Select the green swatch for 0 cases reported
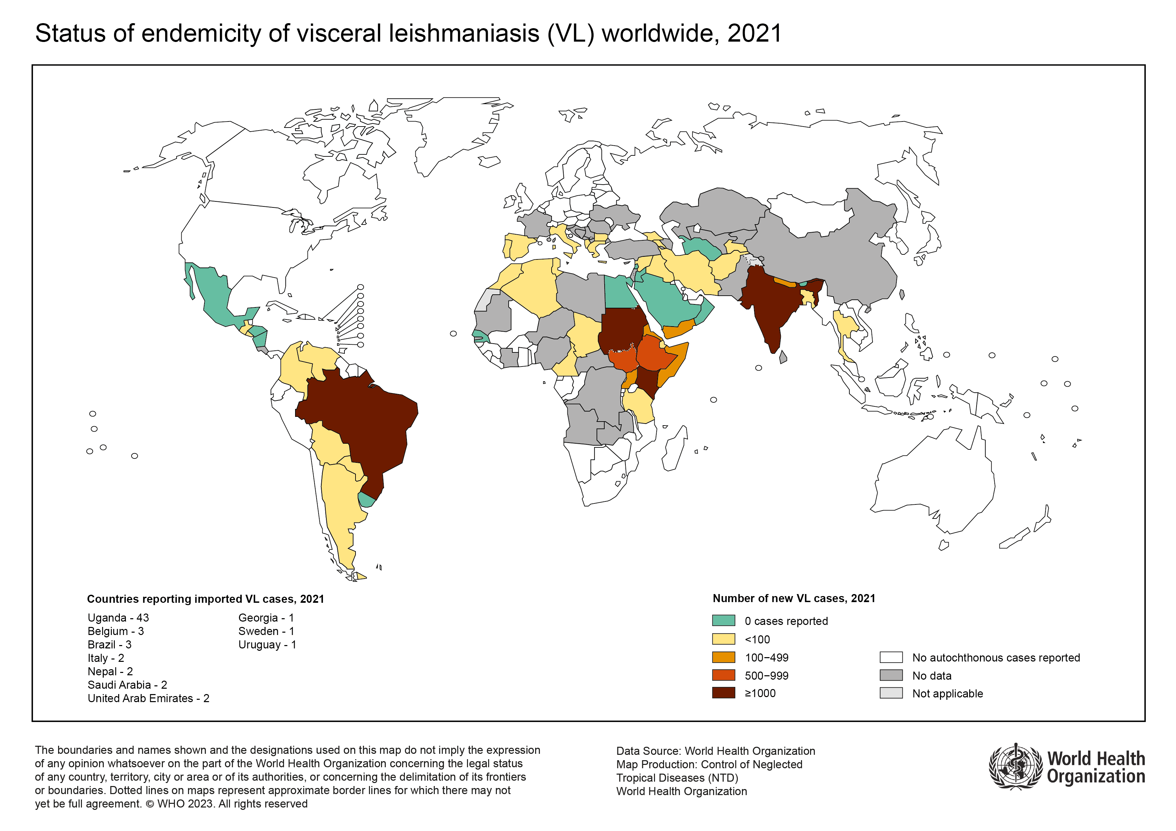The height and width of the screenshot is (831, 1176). click(723, 621)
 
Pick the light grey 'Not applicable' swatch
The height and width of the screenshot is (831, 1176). click(891, 693)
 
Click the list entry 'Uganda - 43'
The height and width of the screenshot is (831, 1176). click(118, 618)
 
